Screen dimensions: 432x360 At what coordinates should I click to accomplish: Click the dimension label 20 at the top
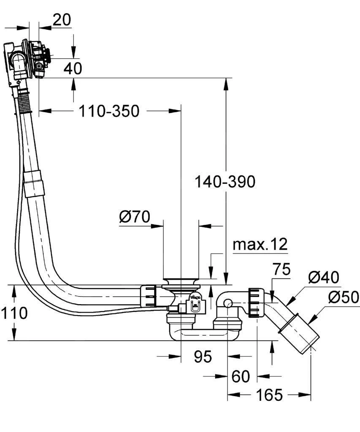click(62, 19)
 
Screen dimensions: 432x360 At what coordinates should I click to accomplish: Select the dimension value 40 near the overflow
click(73, 68)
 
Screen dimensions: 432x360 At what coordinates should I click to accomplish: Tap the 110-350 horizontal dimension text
click(109, 111)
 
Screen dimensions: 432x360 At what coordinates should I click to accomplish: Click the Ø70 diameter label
click(135, 217)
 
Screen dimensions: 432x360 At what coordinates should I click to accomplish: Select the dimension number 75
click(282, 269)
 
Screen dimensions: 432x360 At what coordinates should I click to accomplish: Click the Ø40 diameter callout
click(323, 277)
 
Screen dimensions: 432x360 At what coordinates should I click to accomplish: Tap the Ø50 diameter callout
click(343, 297)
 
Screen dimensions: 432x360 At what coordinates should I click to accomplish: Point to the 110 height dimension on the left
click(14, 313)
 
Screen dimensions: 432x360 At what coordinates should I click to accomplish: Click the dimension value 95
click(203, 357)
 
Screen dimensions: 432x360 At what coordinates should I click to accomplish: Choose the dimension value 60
click(241, 376)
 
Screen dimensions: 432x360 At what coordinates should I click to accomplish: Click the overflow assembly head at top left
click(27, 59)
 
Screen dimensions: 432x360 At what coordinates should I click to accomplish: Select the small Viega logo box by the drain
click(195, 302)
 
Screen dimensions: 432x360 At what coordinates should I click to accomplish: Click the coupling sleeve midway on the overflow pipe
click(34, 184)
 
